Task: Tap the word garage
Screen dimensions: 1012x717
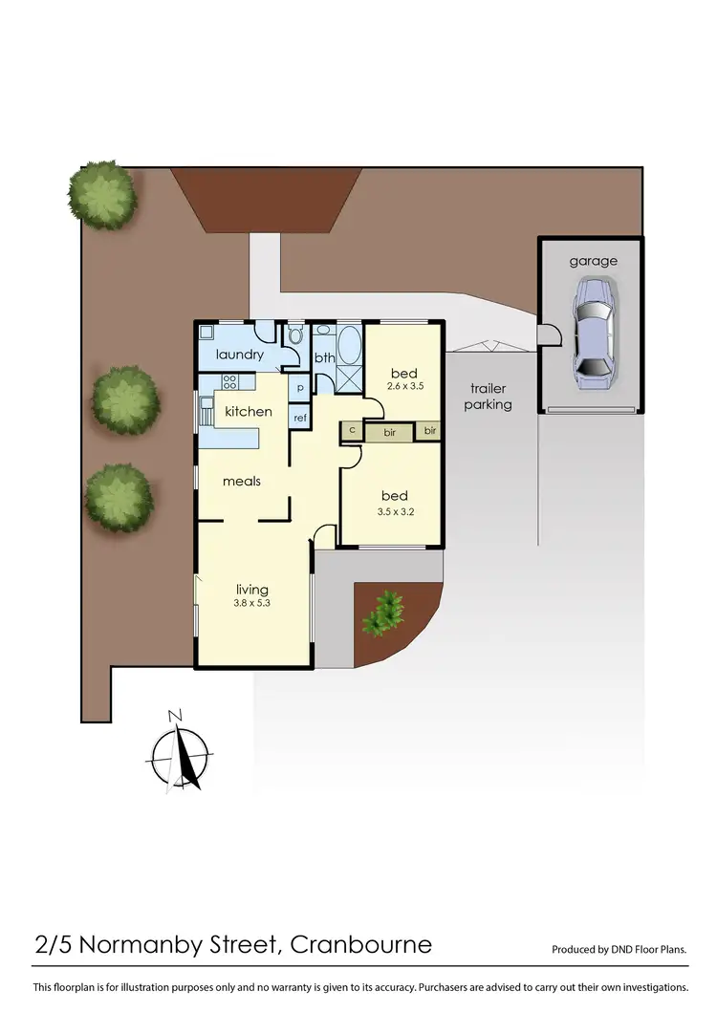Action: click(593, 261)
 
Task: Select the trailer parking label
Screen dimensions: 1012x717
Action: click(489, 397)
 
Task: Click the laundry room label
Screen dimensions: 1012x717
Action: click(239, 355)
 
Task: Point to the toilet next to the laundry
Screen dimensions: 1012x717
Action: click(295, 340)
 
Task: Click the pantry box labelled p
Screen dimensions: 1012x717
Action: click(300, 388)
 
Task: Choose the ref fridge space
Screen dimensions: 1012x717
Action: click(300, 418)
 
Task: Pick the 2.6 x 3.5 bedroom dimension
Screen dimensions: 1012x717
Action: click(406, 387)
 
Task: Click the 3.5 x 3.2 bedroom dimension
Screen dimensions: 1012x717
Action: click(394, 511)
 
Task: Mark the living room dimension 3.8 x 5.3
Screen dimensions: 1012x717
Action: click(252, 604)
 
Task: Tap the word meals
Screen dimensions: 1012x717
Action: click(242, 481)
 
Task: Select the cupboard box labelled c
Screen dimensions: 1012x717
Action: click(352, 431)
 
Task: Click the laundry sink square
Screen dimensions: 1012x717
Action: click(206, 336)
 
